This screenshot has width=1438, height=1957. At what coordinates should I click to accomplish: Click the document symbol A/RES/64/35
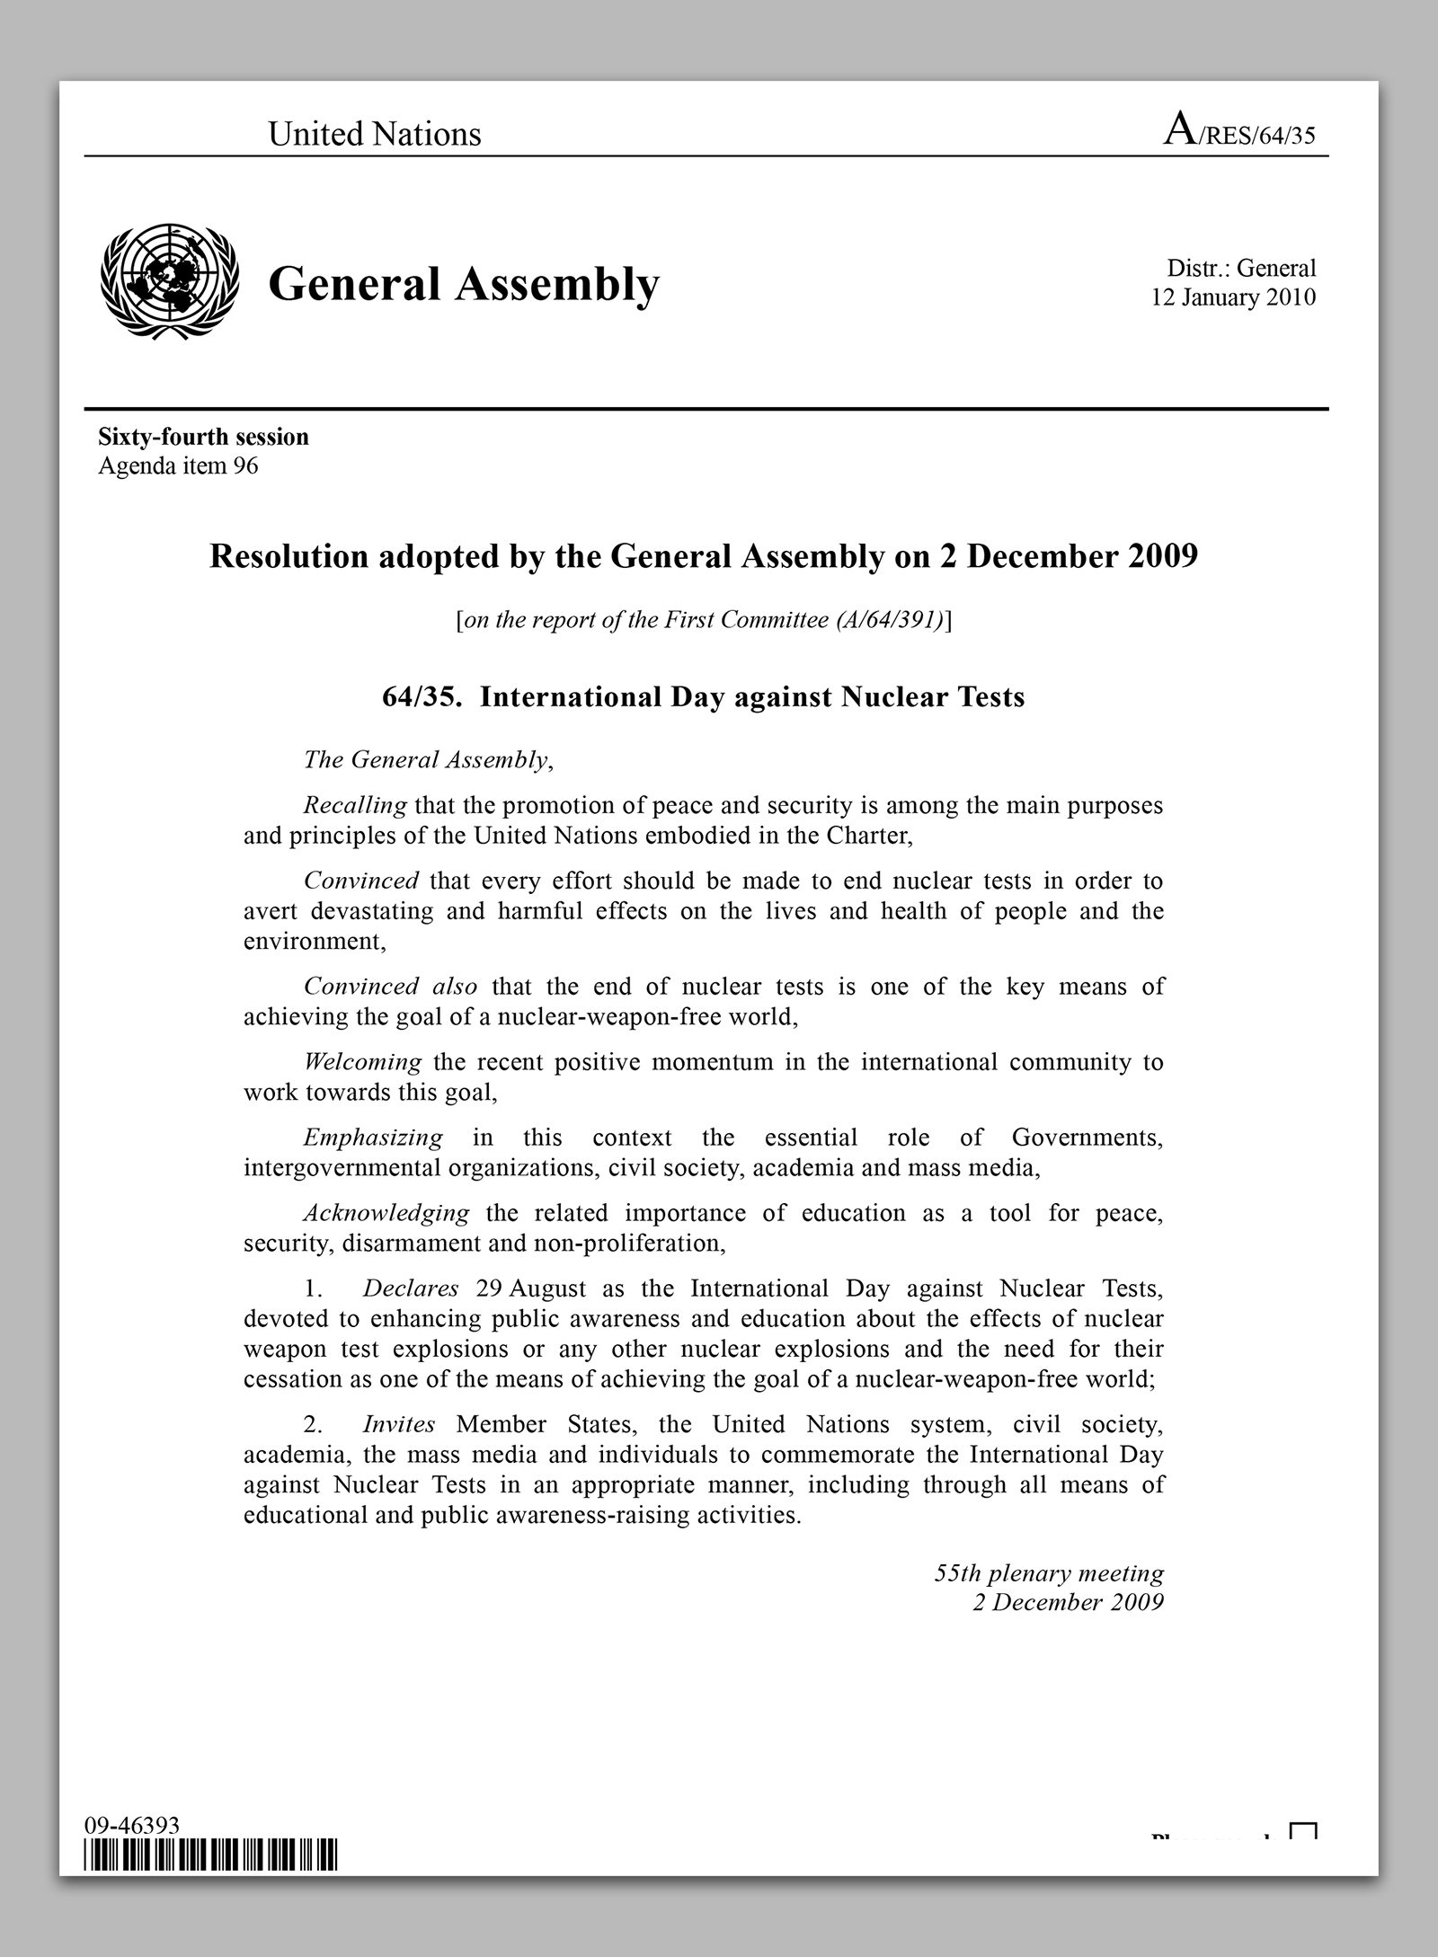tap(1239, 132)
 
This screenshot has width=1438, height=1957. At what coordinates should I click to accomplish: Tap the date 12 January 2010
tap(1233, 297)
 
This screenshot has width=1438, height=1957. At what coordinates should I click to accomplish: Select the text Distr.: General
tap(1241, 268)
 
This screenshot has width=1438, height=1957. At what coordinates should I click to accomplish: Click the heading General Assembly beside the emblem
tap(464, 283)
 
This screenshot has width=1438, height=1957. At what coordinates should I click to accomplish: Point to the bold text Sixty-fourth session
tap(203, 437)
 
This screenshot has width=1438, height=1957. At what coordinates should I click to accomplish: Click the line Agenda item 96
tap(178, 466)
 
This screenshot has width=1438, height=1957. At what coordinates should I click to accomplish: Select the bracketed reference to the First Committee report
tap(704, 620)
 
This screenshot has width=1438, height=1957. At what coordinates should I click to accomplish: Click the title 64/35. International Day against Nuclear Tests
tap(704, 697)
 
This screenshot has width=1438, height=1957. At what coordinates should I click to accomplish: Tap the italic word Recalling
tap(355, 805)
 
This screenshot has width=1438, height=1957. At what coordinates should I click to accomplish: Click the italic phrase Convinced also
tap(390, 987)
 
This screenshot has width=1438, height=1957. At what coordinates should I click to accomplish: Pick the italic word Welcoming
tap(362, 1062)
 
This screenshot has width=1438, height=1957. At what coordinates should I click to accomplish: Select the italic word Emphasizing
tap(373, 1138)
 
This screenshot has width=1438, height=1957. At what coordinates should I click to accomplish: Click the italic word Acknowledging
tap(386, 1213)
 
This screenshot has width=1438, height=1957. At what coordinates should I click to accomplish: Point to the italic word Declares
tap(411, 1288)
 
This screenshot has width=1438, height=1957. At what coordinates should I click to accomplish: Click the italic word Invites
tap(399, 1424)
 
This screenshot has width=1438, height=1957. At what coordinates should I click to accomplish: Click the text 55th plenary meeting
tap(1049, 1573)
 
